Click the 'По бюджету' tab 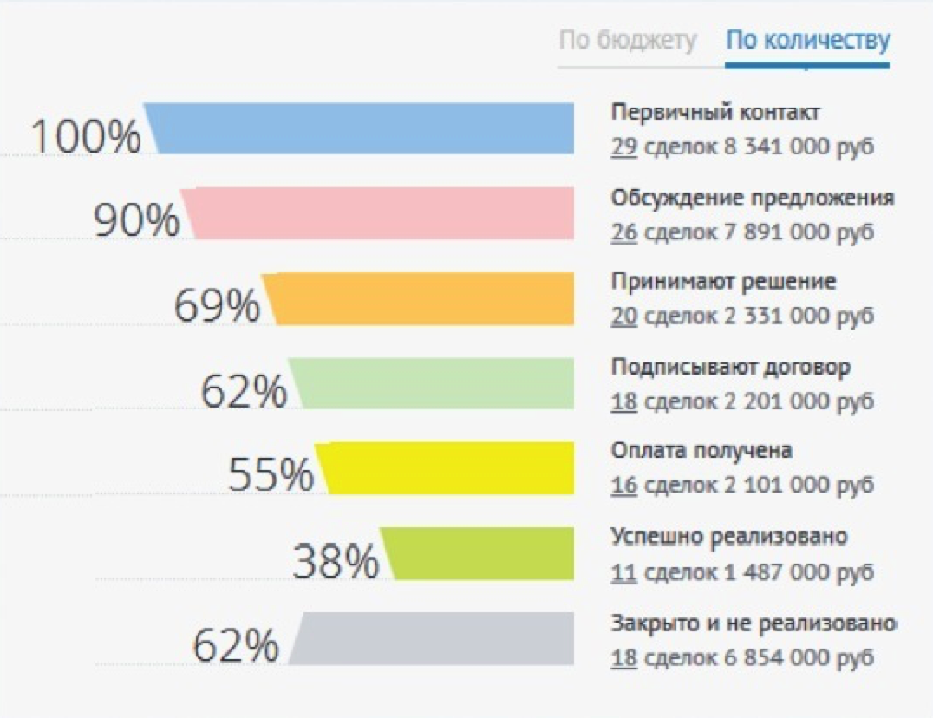[627, 41]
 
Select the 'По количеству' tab [807, 41]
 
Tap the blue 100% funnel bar [364, 128]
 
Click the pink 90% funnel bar [382, 212]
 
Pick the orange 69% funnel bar [421, 298]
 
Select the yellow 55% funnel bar [447, 468]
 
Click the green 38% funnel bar [479, 553]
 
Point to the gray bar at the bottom [434, 638]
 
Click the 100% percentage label [85, 137]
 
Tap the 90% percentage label [136, 221]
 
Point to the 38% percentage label [336, 562]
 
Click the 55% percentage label [271, 475]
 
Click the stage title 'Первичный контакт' [715, 113]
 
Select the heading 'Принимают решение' [723, 283]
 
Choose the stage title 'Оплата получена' [701, 452]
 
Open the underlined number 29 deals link [624, 147]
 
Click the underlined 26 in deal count [624, 232]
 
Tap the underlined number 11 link [624, 572]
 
